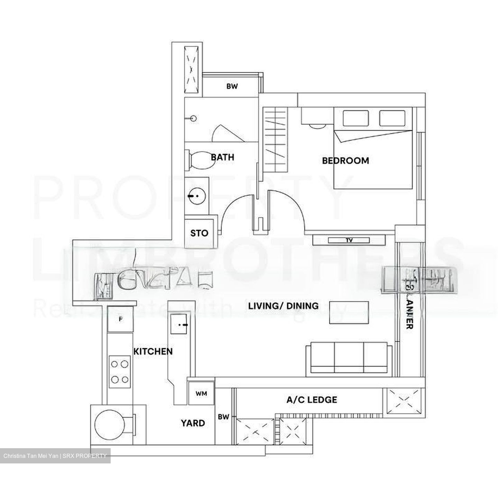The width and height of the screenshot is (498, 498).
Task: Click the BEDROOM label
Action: pos(345,160)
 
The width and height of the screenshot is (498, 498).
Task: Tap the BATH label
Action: pos(223,157)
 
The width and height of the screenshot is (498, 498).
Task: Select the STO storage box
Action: pos(199,233)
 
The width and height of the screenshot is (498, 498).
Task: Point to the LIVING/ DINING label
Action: pos(283,306)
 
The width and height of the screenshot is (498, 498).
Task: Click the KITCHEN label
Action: pos(153,351)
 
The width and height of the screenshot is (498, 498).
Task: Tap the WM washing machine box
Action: pos(201,394)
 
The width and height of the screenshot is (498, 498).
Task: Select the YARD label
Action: pos(193,423)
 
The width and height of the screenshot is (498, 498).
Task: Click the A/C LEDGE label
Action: pos(312,400)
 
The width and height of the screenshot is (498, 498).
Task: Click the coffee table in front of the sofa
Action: pos(349,313)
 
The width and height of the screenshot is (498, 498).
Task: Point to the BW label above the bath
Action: pos(232,86)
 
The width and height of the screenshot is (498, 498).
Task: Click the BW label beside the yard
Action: pos(223,417)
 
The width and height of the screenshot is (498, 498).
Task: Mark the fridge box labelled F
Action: pos(120,319)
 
